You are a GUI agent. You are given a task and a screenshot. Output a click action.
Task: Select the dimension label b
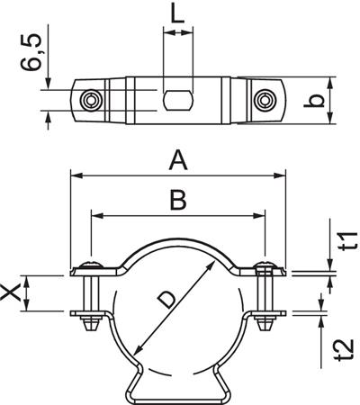pos(341,100)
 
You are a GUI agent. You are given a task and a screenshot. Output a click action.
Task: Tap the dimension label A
pos(178,160)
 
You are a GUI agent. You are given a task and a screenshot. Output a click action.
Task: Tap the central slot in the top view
pos(177,98)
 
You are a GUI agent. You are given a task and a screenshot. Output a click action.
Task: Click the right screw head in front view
pos(264,265)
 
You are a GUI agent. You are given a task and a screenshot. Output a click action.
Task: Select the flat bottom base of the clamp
pos(176,396)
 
